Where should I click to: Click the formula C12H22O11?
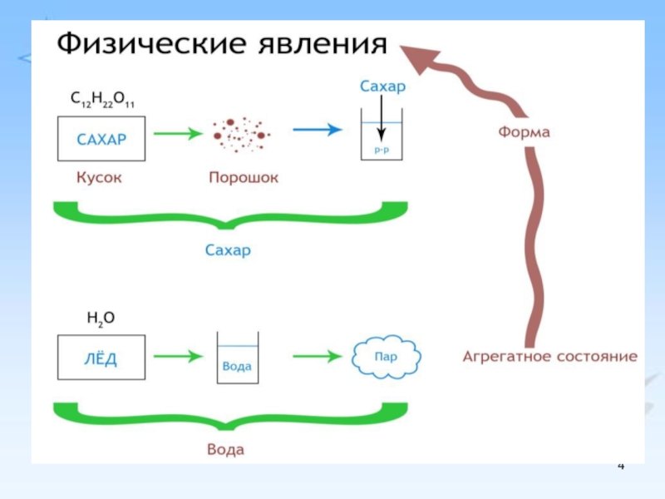[101, 101]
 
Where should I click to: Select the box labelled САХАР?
[101, 138]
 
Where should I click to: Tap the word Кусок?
[99, 178]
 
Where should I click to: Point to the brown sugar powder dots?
[240, 132]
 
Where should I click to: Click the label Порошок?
[243, 178]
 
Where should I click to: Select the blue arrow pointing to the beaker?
[317, 130]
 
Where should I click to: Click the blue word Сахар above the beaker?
[381, 86]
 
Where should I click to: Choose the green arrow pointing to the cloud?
[317, 356]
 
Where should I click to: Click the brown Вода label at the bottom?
[225, 450]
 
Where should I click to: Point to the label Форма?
[524, 131]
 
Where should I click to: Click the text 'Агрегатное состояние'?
[549, 357]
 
